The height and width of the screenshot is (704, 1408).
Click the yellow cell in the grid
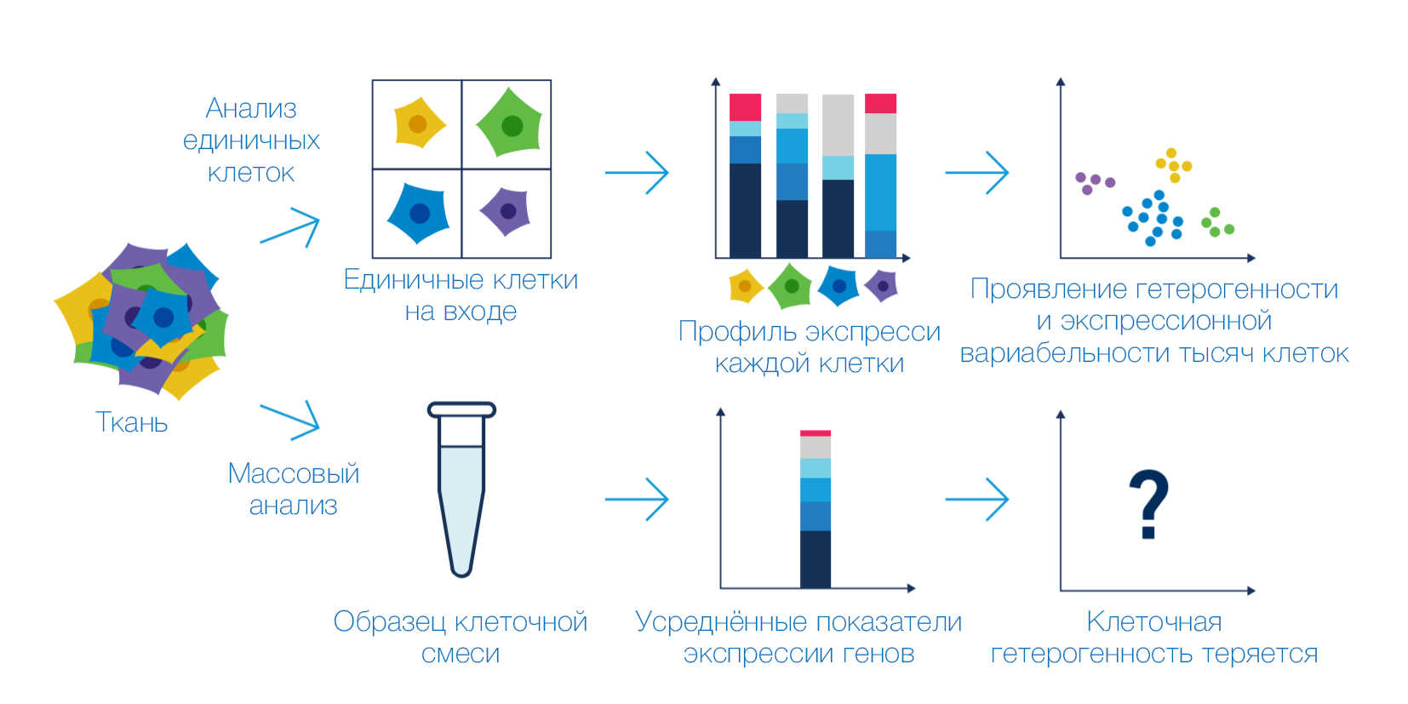click(x=419, y=123)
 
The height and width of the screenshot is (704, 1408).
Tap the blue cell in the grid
click(x=419, y=213)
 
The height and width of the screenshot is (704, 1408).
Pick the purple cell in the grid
click(x=507, y=211)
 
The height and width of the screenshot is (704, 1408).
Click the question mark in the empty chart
click(x=1148, y=504)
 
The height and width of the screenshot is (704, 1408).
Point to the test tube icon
click(x=461, y=489)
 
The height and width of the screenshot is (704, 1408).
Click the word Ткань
click(x=131, y=422)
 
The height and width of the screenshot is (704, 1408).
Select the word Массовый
click(x=293, y=473)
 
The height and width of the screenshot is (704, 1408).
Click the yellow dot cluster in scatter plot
click(x=1174, y=164)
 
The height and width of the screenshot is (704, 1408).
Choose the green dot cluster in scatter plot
click(x=1217, y=223)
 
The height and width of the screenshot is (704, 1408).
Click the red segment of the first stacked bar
click(x=745, y=107)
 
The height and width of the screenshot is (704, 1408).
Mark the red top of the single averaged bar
click(x=815, y=433)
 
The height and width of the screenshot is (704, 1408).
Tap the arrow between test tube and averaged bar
click(x=637, y=499)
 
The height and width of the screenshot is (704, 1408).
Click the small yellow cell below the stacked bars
click(x=746, y=286)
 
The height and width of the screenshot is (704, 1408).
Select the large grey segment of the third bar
click(x=838, y=125)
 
